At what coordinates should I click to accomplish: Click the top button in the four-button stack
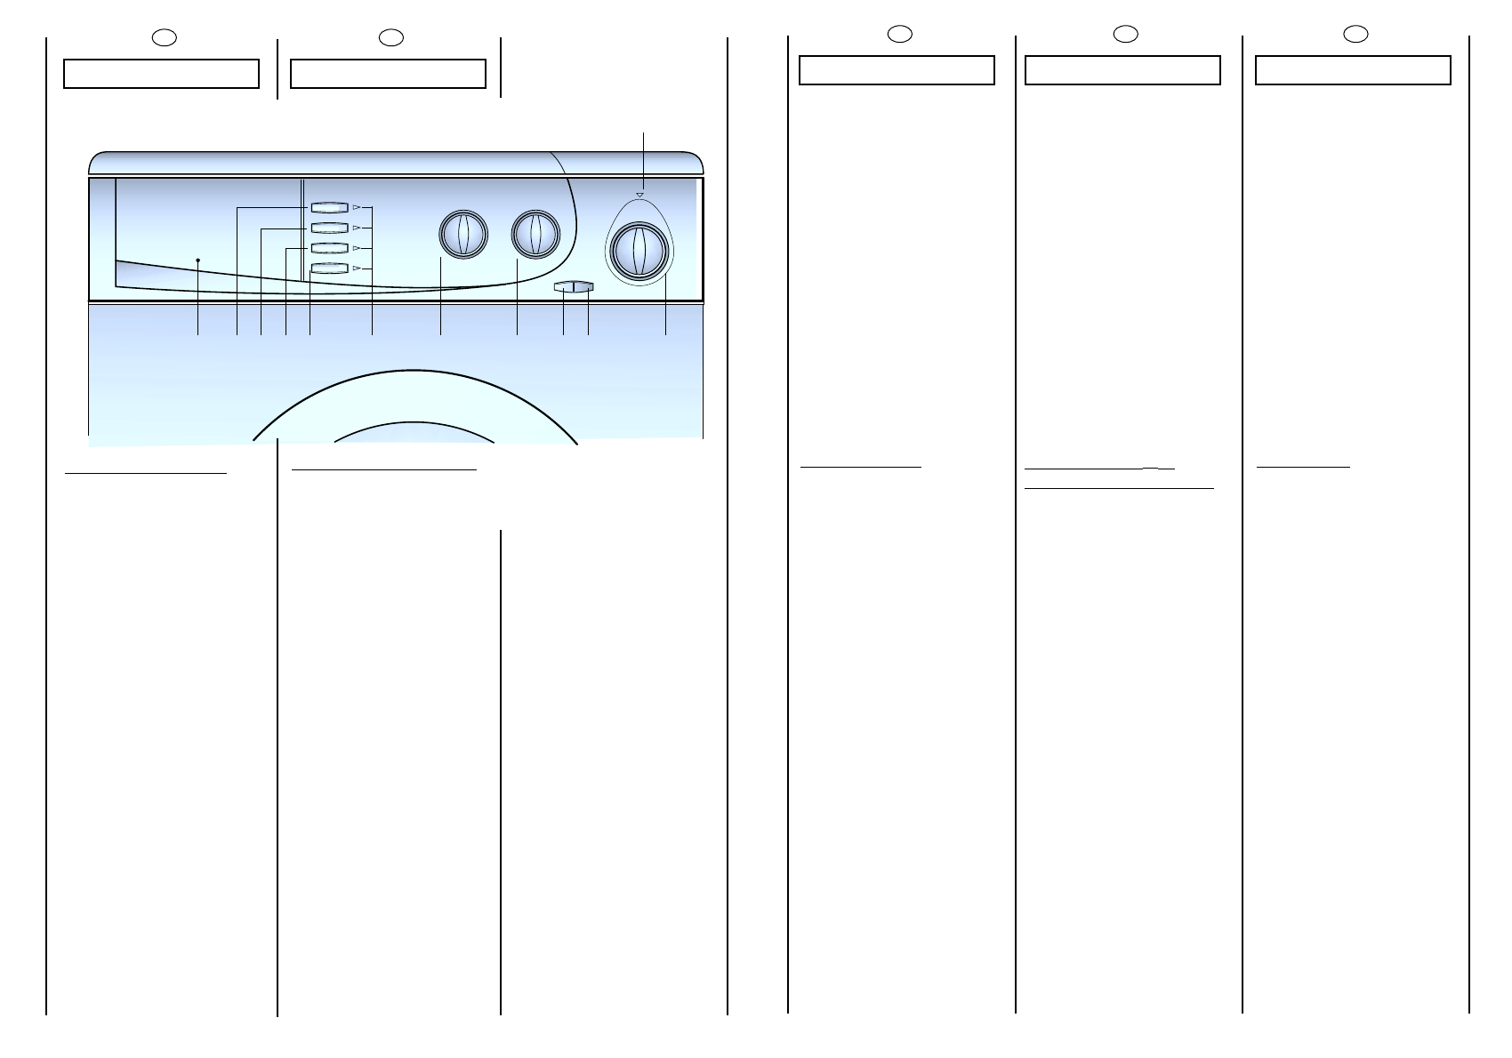click(x=329, y=207)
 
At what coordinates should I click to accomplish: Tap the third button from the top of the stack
click(x=329, y=248)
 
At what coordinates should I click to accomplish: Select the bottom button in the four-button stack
click(x=329, y=269)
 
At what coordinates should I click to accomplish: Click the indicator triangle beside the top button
click(x=356, y=207)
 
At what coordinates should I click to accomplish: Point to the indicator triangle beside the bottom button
click(x=356, y=268)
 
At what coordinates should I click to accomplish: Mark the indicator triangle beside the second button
click(x=356, y=228)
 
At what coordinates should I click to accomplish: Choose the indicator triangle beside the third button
click(x=356, y=248)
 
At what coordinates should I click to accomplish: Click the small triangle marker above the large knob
click(x=639, y=194)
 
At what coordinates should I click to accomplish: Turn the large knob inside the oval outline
click(x=639, y=252)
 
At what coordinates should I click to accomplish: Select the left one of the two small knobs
click(x=463, y=235)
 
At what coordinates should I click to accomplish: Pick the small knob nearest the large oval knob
click(x=535, y=235)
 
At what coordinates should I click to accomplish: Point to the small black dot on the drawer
click(x=197, y=260)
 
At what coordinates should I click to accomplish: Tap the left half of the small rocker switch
click(x=564, y=286)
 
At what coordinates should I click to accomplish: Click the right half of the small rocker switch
click(x=583, y=286)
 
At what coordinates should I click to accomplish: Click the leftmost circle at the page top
click(x=164, y=37)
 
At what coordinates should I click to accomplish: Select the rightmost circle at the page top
click(x=1355, y=34)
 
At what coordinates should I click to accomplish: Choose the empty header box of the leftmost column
click(x=161, y=74)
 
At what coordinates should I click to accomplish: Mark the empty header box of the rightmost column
click(x=1353, y=70)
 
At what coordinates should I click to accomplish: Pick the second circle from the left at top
click(x=391, y=37)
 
